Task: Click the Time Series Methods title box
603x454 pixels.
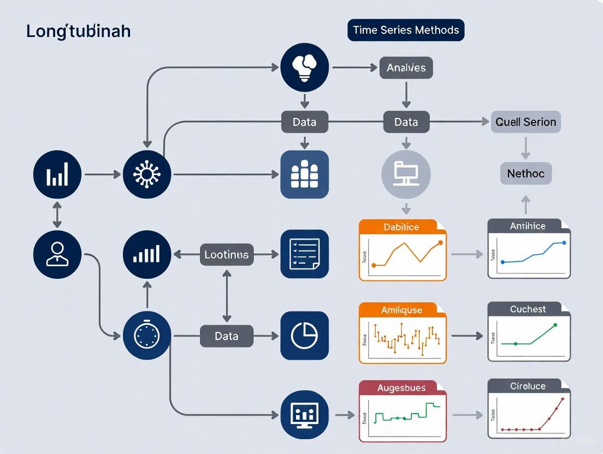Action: pyautogui.click(x=406, y=30)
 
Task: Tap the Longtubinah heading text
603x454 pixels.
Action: pyautogui.click(x=78, y=31)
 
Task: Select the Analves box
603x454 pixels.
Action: pyautogui.click(x=406, y=68)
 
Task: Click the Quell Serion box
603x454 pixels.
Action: pyautogui.click(x=525, y=122)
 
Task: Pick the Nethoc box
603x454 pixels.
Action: pyautogui.click(x=525, y=174)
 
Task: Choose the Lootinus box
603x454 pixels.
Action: pyautogui.click(x=226, y=254)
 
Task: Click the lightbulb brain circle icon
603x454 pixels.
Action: pyautogui.click(x=304, y=68)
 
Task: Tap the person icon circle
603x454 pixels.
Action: pyautogui.click(x=57, y=254)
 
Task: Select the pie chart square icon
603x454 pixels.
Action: pyautogui.click(x=304, y=336)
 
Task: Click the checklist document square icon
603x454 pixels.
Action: pyautogui.click(x=304, y=254)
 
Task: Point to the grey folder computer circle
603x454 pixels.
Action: pyautogui.click(x=406, y=174)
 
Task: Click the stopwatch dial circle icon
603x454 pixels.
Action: pyautogui.click(x=147, y=336)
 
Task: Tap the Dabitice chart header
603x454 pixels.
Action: pyautogui.click(x=401, y=227)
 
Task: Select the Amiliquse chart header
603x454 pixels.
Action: pyautogui.click(x=401, y=310)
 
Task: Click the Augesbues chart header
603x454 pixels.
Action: pyautogui.click(x=401, y=388)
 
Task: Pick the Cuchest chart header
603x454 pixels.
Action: pyautogui.click(x=528, y=309)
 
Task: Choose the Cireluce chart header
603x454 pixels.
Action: pyautogui.click(x=528, y=386)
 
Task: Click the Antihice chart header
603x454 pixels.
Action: pyautogui.click(x=528, y=226)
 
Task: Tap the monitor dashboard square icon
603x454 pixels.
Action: pyautogui.click(x=304, y=415)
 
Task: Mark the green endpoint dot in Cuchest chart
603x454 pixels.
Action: pyautogui.click(x=555, y=325)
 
